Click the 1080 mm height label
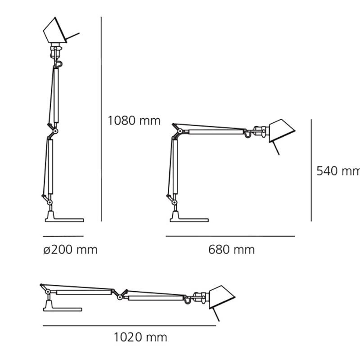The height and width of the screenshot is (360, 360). click(134, 121)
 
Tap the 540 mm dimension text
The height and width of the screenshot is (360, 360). click(338, 171)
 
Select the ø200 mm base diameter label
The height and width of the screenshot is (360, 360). click(70, 250)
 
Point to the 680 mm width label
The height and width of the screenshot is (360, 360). click(231, 250)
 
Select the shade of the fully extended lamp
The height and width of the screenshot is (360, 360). click(221, 297)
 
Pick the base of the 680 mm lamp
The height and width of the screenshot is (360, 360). click(189, 218)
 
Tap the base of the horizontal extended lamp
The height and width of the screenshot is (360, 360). click(62, 308)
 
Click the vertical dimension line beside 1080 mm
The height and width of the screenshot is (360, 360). click(101, 119)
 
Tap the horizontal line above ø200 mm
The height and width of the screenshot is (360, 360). click(63, 236)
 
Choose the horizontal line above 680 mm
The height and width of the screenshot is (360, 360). click(230, 236)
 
